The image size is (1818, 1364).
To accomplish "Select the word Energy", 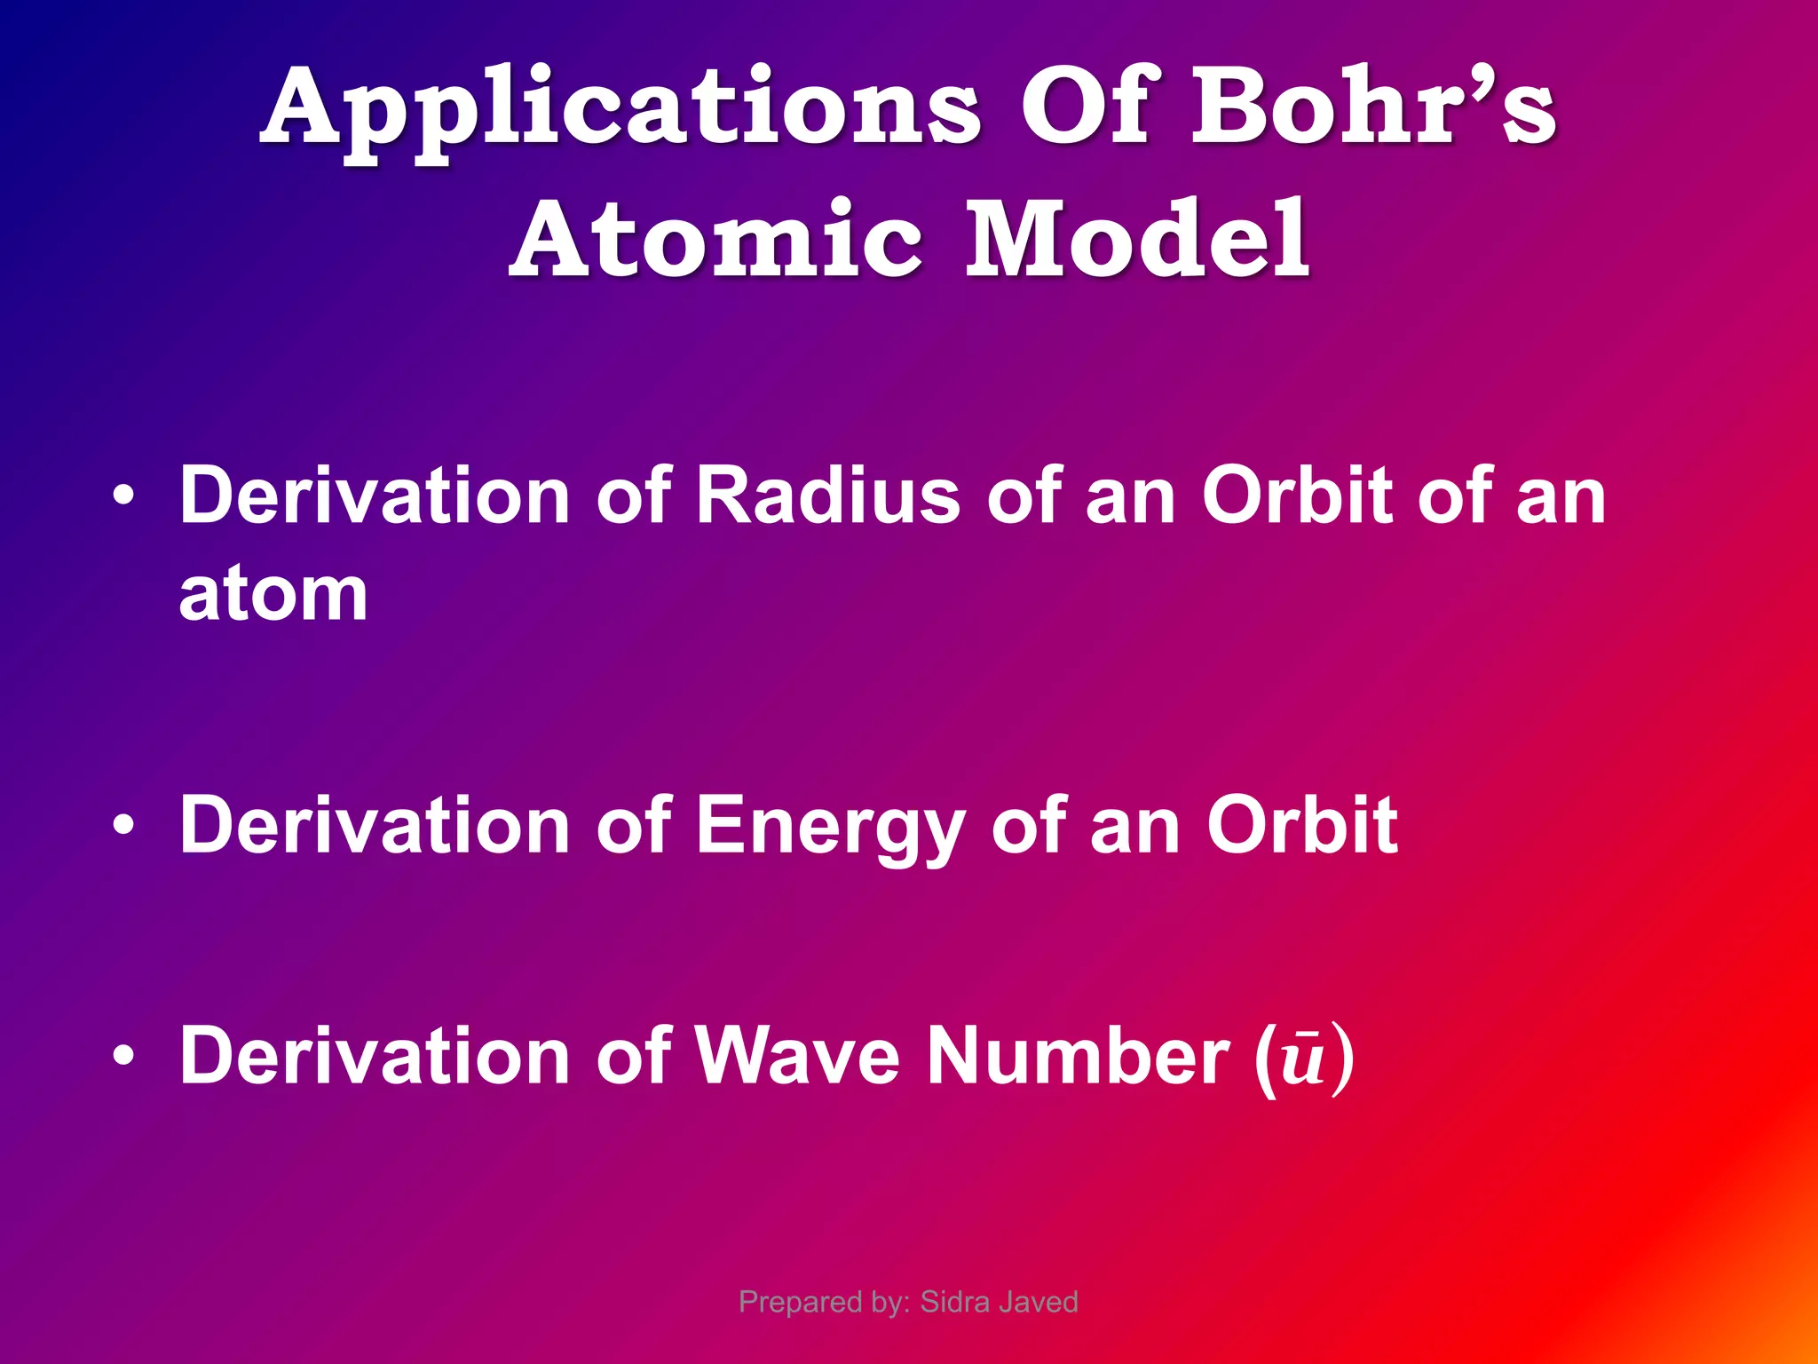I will click(830, 826).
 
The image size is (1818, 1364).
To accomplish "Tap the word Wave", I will click(797, 1056).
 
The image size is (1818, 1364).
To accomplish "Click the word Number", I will click(1079, 1056).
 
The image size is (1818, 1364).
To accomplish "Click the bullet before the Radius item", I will click(124, 497).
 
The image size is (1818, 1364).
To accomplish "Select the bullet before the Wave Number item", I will click(124, 1058).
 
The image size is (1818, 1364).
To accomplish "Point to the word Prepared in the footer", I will click(789, 1303).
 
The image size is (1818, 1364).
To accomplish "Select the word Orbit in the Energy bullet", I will click(1301, 826).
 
